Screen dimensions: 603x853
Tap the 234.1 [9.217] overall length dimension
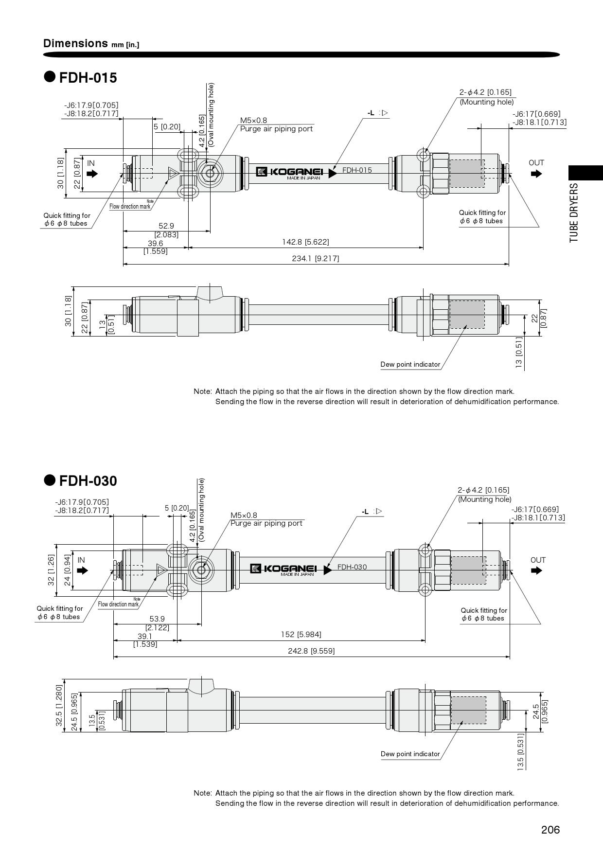(316, 258)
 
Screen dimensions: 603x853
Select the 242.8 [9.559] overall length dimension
(311, 651)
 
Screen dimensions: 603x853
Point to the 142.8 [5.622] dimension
(305, 242)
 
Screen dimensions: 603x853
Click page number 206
(550, 830)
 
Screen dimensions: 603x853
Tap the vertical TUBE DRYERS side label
(574, 213)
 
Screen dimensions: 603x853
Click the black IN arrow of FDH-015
(92, 174)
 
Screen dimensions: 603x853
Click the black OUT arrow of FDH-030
(536, 570)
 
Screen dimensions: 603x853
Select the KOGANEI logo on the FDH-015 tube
(289, 172)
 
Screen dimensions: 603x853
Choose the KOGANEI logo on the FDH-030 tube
(284, 569)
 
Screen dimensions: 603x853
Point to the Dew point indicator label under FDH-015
(410, 364)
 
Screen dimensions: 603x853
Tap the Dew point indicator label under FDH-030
(410, 754)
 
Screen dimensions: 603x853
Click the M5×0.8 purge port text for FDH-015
(253, 120)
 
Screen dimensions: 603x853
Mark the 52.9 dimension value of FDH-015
(166, 226)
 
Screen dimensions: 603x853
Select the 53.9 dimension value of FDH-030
(157, 619)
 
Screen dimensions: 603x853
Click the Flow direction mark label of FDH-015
(130, 207)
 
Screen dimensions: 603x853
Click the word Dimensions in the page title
(75, 43)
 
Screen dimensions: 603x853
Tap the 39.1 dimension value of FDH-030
(145, 636)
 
